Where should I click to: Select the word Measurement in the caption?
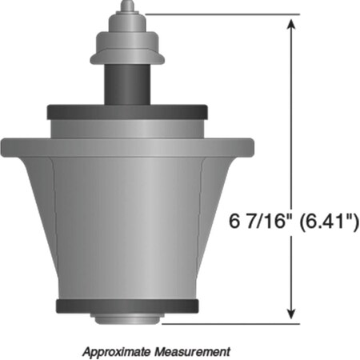click(x=197, y=350)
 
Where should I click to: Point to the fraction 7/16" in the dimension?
click(x=265, y=221)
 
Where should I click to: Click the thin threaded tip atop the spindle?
click(x=126, y=7)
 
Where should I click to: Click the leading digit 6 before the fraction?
click(x=234, y=221)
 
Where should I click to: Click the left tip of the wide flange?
click(x=4, y=146)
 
